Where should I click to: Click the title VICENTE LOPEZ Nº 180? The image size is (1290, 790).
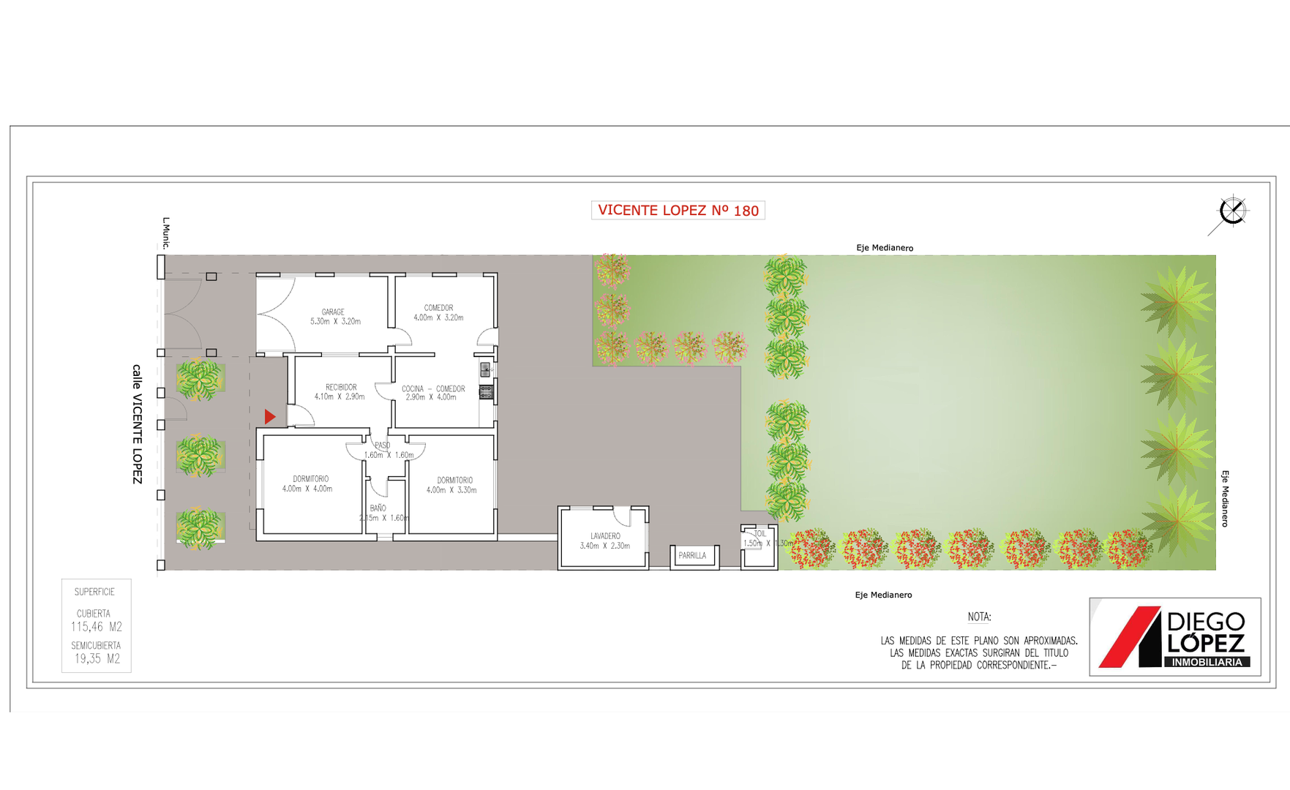[x=678, y=211]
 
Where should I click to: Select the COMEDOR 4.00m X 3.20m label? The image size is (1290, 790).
[x=438, y=313]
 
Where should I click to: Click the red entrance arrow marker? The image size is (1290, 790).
[x=270, y=417]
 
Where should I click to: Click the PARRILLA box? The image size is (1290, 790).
[x=693, y=556]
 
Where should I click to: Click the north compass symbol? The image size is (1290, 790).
[x=1232, y=212]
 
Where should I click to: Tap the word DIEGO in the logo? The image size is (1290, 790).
[x=1205, y=622]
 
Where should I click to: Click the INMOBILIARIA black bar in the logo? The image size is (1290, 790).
[x=1207, y=662]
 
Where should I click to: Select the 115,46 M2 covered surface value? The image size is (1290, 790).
[x=97, y=627]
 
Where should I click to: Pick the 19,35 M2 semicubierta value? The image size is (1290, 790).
[x=97, y=659]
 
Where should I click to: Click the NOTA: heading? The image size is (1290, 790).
[x=979, y=617]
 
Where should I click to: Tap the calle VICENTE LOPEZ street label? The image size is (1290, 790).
[x=137, y=424]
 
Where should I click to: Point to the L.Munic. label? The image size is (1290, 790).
[x=166, y=233]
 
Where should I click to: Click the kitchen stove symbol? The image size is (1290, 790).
[x=486, y=393]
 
